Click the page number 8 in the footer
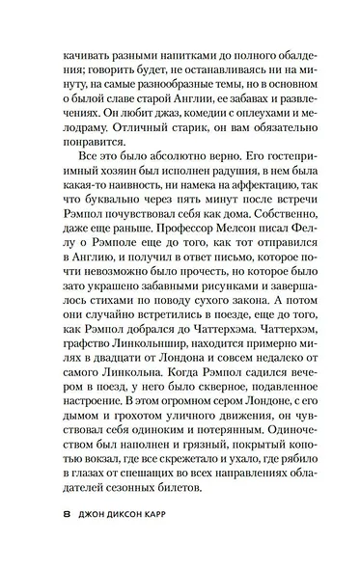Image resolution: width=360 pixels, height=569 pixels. [66, 514]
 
